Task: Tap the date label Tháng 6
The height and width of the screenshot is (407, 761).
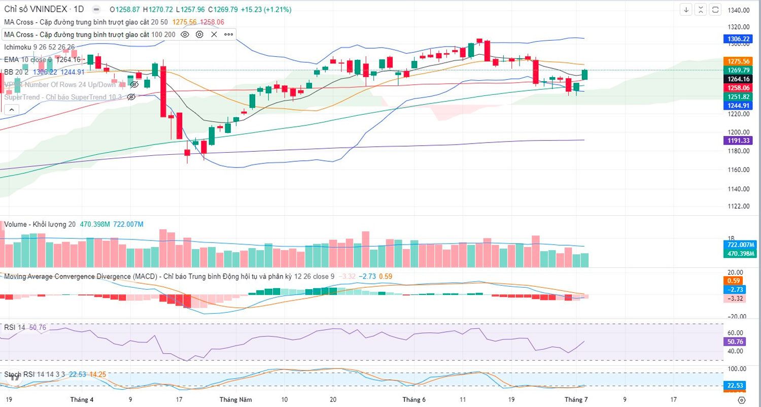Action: click(x=414, y=399)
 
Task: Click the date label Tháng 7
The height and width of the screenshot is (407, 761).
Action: click(x=577, y=399)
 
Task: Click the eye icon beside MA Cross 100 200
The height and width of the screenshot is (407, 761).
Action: click(x=185, y=35)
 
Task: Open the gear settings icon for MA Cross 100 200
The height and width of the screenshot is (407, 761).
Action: click(x=199, y=35)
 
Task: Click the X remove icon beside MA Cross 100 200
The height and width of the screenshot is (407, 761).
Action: click(x=214, y=35)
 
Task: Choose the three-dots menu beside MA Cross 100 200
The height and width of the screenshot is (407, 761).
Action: click(x=228, y=35)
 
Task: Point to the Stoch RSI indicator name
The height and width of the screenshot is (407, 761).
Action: click(x=19, y=375)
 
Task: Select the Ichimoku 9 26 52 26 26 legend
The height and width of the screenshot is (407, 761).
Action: click(x=40, y=47)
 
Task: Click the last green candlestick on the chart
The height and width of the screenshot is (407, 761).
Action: click(x=584, y=75)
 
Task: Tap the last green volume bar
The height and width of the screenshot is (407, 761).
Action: click(x=584, y=260)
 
